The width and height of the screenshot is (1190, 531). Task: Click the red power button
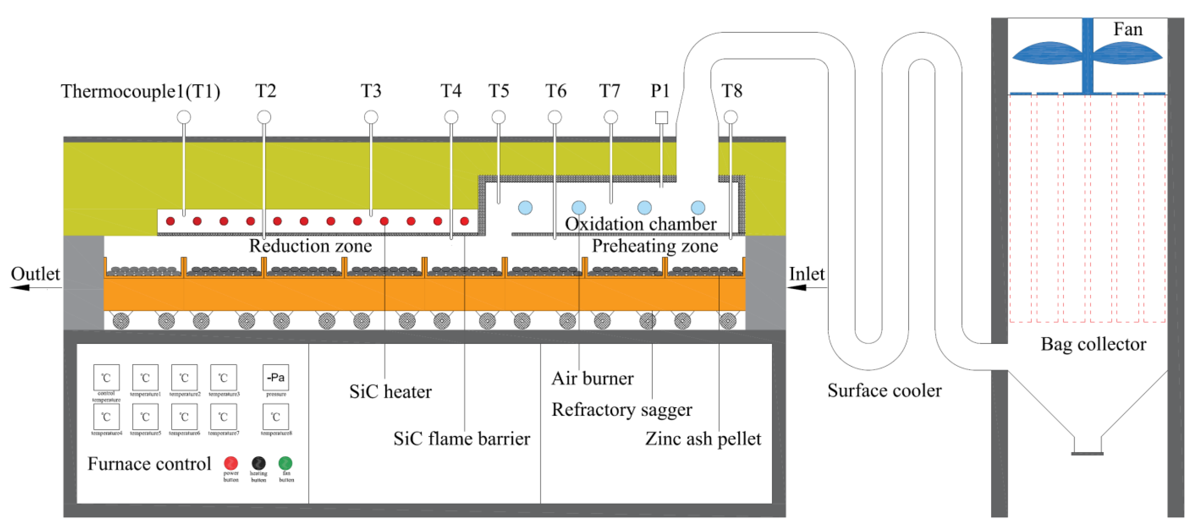231,463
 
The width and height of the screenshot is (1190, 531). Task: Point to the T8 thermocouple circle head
730,117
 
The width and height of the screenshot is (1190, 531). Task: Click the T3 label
371,91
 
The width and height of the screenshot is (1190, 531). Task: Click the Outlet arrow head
19,288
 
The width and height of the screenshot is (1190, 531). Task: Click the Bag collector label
1093,344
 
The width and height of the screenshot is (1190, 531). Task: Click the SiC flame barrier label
461,439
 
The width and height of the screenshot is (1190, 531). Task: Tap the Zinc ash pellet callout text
703,439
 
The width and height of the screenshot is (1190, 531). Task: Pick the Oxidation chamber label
640,224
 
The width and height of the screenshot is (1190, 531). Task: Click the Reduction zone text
310,246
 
